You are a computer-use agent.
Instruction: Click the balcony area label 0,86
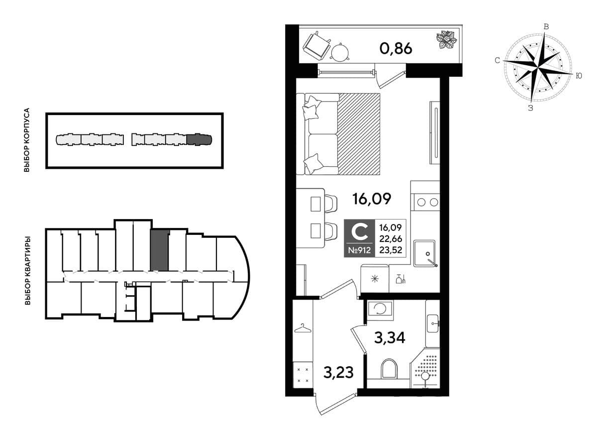coord(396,49)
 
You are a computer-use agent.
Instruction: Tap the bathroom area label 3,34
coord(390,337)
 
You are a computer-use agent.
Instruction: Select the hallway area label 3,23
coord(338,372)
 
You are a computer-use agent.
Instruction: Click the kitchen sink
coord(424,253)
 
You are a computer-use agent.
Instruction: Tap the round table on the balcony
coord(340,53)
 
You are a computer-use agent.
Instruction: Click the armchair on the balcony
coord(317,46)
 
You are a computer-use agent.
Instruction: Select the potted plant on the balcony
coord(446,40)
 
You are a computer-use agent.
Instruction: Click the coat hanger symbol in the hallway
coord(303,328)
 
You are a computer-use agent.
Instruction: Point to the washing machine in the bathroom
coord(380,310)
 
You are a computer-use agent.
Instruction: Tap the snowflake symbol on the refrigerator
coord(375,279)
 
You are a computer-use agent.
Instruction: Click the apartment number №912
coord(359,250)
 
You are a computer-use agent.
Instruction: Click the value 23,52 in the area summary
coord(391,250)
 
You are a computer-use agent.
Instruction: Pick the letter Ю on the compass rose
coord(578,76)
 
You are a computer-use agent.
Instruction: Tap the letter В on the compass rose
coord(546,27)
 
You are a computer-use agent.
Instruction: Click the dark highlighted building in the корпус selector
coord(199,139)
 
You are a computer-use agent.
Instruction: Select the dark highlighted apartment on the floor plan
coord(160,250)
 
